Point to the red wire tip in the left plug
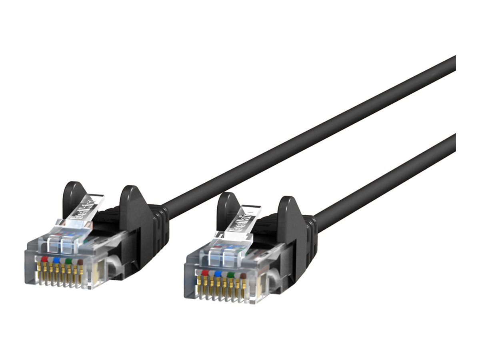pos(44,259)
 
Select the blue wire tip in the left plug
pos(56,260)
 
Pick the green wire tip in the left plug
pos(69,261)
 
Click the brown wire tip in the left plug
pos(80,262)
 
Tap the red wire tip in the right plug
pos(205,273)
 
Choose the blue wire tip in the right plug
pos(218,274)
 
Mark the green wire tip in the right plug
pos(230,275)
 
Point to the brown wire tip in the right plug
pos(243,276)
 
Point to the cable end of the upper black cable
pos(454,64)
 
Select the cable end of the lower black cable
pos(454,142)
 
